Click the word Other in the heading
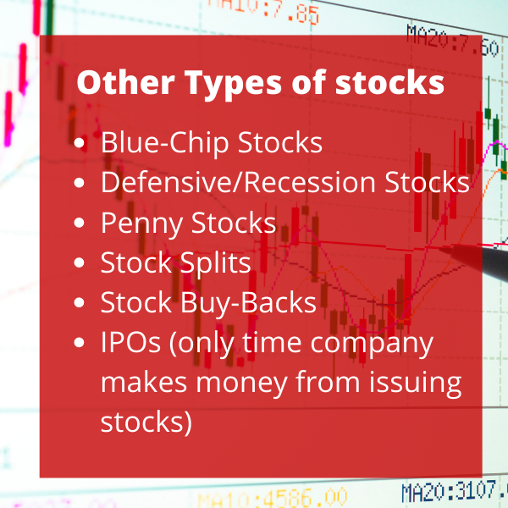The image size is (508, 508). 125,82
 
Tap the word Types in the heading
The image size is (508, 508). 233,85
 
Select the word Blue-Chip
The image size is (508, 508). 165,142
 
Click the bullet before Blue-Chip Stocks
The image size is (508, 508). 80,143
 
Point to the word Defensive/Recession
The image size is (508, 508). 238,182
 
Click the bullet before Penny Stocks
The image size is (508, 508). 80,223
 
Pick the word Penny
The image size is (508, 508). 142,224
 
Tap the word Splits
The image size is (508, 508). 215,263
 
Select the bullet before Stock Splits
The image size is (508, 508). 80,262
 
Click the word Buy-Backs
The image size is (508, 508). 248,303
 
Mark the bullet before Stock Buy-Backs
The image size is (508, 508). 80,302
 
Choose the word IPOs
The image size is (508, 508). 130,342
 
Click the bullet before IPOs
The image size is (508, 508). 80,342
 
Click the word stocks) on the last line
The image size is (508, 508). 146,422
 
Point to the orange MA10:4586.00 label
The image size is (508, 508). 272,498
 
